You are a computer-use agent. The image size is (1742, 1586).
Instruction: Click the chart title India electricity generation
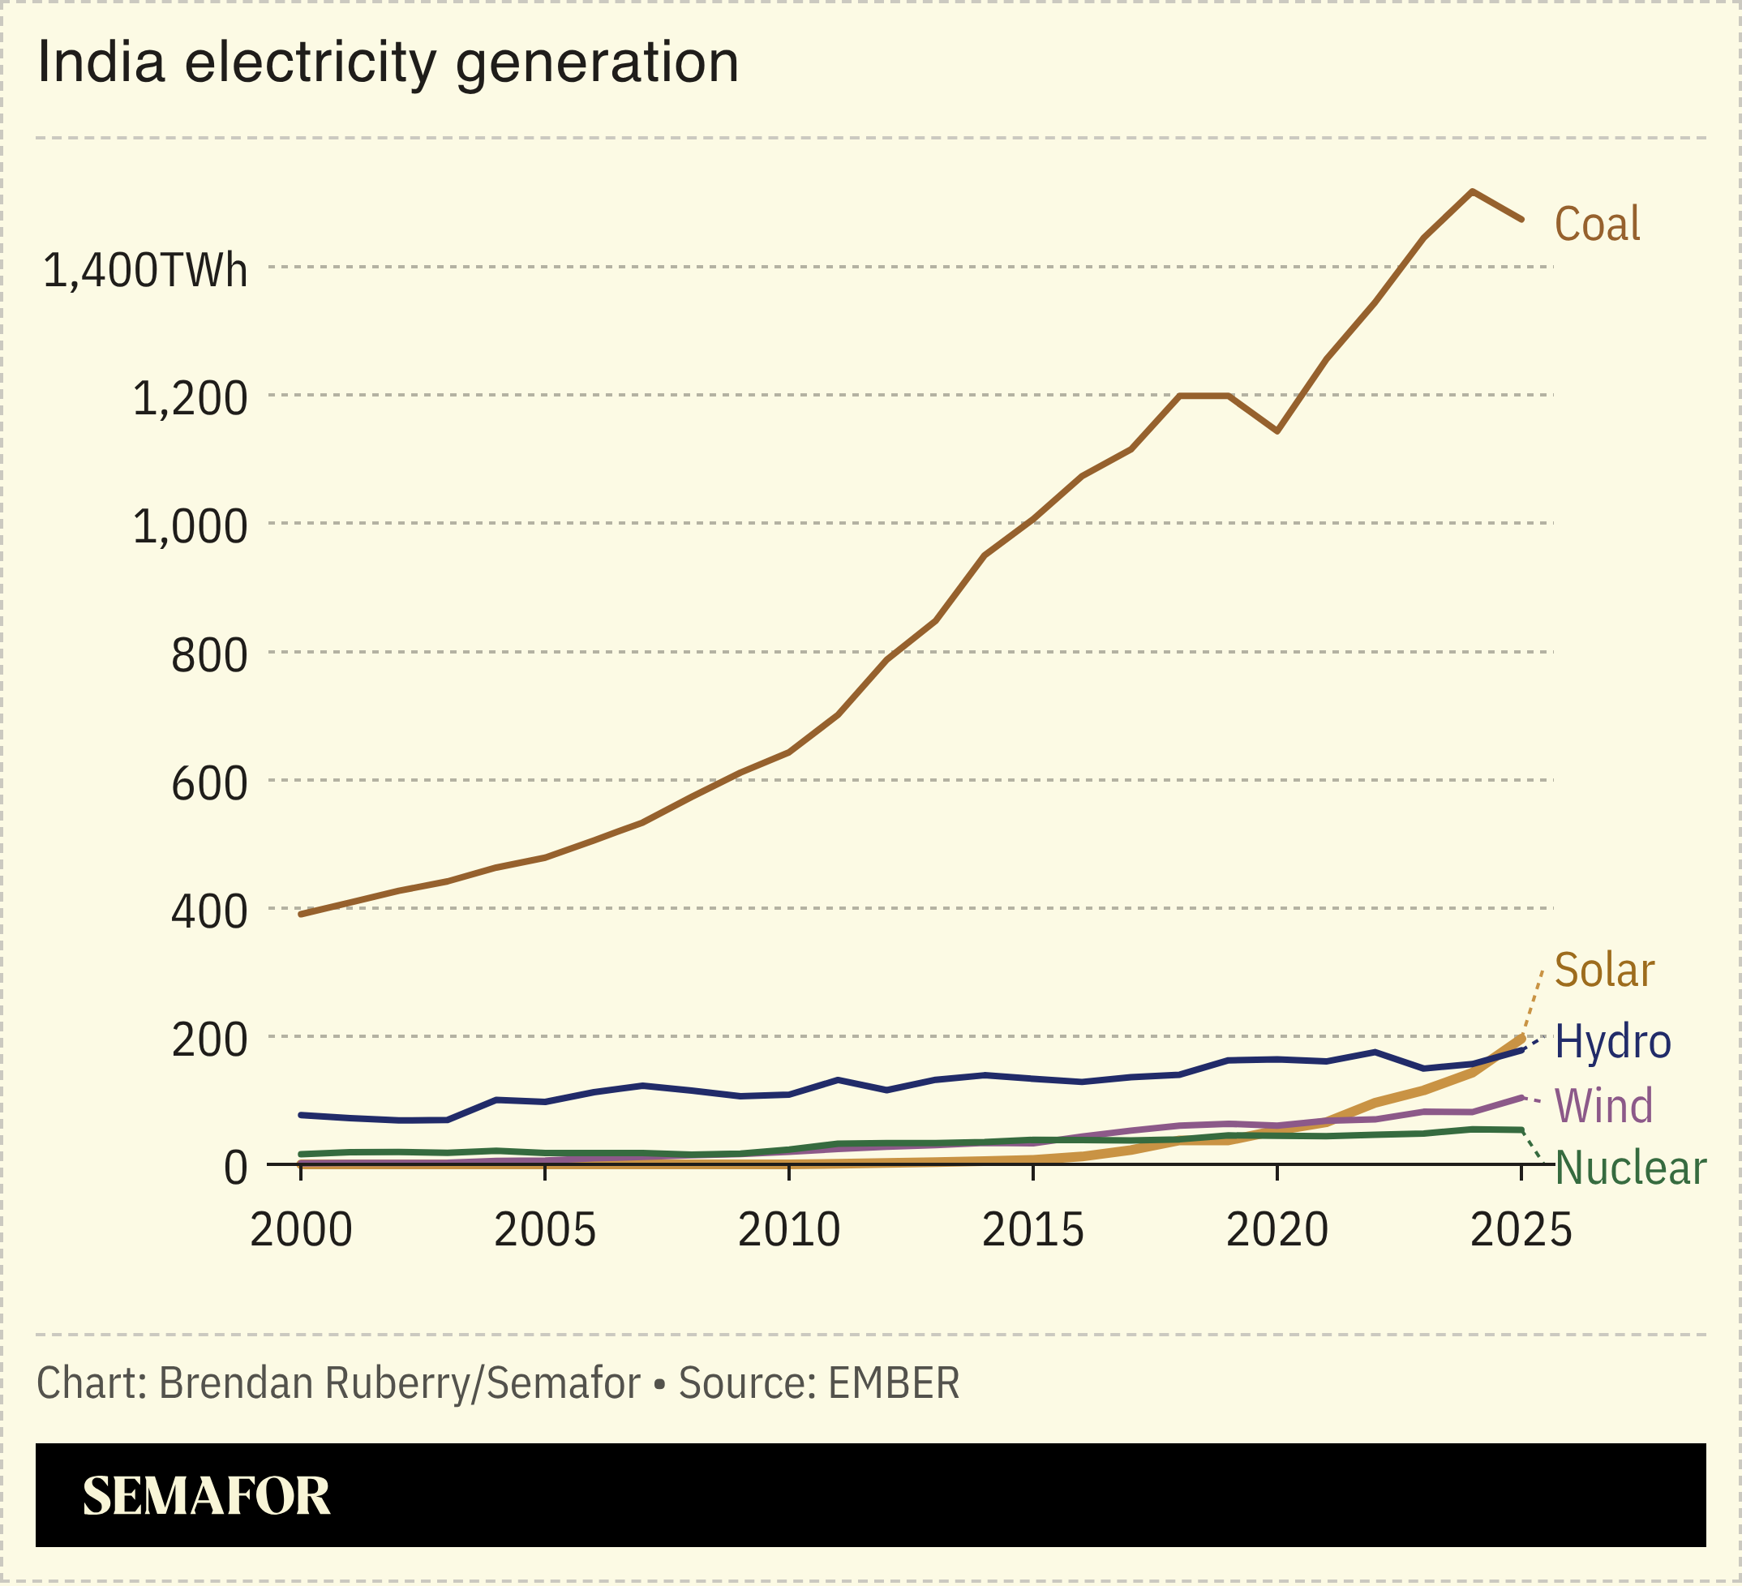click(388, 63)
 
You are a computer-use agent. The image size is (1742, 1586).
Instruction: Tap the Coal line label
click(1597, 225)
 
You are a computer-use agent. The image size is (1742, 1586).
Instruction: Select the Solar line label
click(1604, 970)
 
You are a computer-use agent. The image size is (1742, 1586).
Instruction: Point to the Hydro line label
click(1612, 1041)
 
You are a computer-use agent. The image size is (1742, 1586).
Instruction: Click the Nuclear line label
click(1629, 1168)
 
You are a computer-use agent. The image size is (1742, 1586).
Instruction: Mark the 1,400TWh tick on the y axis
click(145, 270)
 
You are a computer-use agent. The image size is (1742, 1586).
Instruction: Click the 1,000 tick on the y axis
click(190, 526)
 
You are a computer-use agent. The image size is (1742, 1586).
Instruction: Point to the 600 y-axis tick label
click(209, 783)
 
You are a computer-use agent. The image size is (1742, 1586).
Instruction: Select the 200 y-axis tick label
click(209, 1040)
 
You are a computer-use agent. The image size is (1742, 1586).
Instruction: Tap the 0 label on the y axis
click(235, 1168)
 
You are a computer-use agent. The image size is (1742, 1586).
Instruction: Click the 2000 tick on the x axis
click(301, 1230)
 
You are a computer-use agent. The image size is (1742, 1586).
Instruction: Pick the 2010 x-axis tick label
click(789, 1230)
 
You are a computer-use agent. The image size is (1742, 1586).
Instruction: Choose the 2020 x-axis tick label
click(1277, 1230)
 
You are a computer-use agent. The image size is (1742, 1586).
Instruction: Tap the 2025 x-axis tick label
click(1521, 1230)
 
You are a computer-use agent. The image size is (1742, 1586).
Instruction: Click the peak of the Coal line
click(1472, 192)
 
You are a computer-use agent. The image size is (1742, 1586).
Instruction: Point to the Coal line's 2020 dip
click(1277, 431)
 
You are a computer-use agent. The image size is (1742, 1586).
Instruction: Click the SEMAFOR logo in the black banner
click(206, 1496)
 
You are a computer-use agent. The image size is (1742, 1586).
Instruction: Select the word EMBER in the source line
click(894, 1383)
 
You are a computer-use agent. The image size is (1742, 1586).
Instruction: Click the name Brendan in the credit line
click(235, 1383)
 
